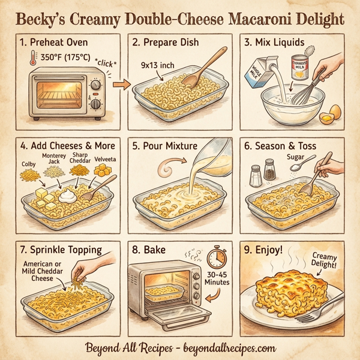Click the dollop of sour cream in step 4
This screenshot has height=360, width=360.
[68, 193]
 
